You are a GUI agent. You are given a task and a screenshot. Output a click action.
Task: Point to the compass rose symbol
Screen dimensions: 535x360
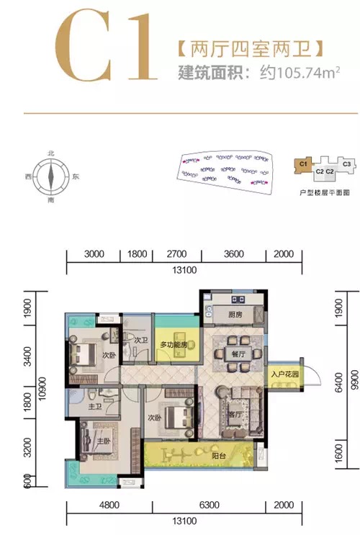50,176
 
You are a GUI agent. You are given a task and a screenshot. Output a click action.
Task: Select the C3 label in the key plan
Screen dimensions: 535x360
346,164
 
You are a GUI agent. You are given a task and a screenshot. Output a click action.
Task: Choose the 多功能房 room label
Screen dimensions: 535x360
174,346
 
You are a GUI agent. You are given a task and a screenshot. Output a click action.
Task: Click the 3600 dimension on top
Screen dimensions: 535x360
234,253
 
